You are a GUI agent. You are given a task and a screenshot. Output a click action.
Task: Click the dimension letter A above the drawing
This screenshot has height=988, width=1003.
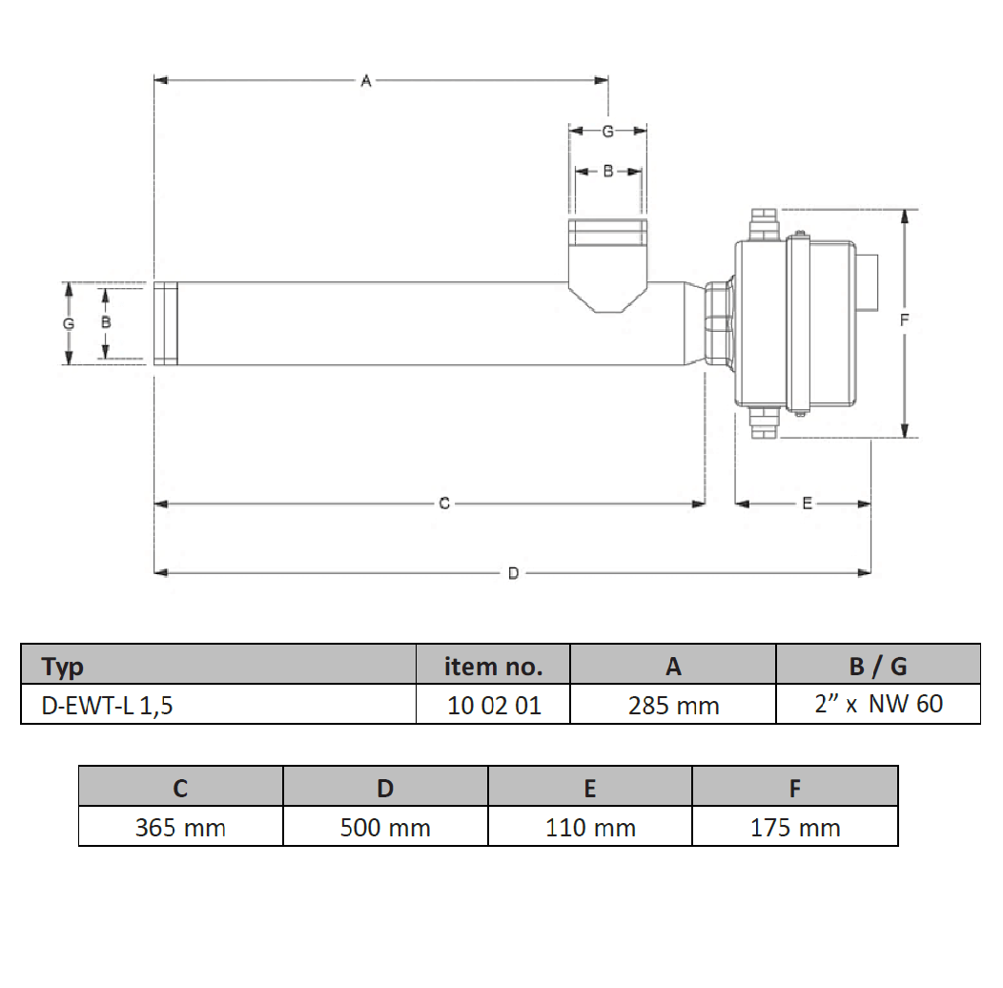tap(366, 81)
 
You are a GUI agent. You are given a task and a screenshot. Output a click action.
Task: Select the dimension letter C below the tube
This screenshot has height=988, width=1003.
tap(444, 504)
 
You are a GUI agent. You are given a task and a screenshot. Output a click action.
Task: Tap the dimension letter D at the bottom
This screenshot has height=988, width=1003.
tap(513, 573)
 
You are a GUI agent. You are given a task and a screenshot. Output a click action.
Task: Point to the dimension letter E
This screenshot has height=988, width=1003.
tap(808, 504)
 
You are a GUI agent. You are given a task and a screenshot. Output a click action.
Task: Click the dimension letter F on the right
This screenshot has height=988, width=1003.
tap(904, 319)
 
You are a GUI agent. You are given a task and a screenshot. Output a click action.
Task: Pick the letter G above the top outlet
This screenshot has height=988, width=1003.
tap(607, 132)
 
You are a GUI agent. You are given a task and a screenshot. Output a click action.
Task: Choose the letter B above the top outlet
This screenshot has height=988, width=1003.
tap(608, 171)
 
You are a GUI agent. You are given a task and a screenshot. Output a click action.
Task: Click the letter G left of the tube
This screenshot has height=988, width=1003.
tap(69, 324)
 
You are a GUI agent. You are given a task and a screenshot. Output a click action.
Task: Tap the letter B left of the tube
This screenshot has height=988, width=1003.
tap(106, 322)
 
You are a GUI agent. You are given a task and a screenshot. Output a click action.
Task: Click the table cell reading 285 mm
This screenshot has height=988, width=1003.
tap(673, 705)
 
